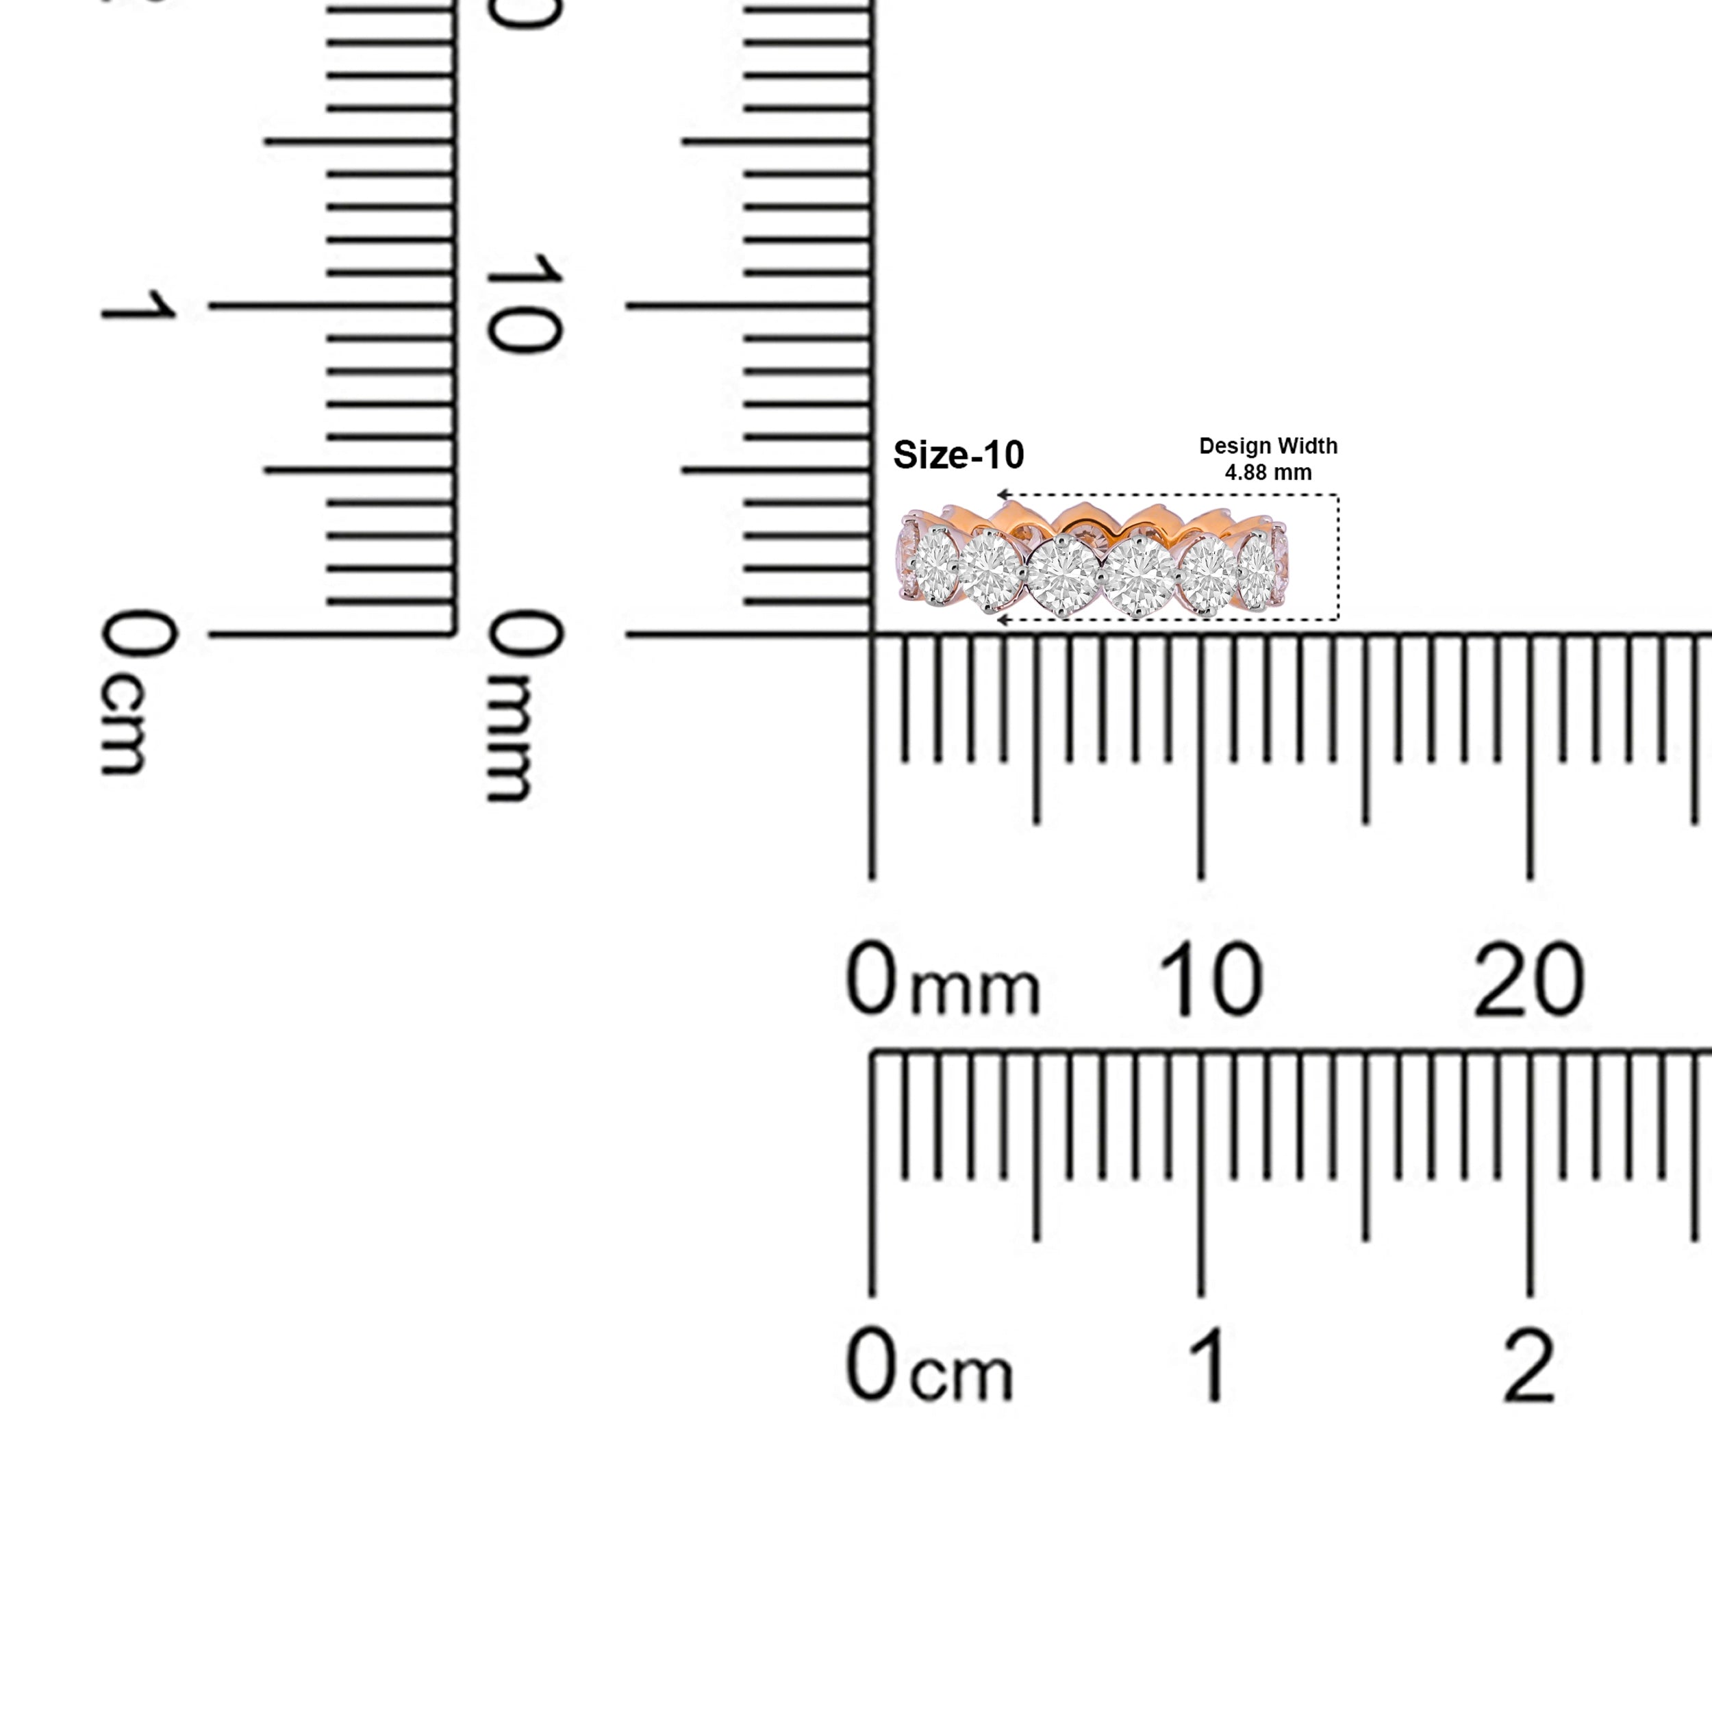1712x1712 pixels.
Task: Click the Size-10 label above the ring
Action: tap(958, 455)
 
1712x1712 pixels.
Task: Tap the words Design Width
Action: tap(1268, 446)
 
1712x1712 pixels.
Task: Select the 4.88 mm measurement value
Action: tap(1268, 473)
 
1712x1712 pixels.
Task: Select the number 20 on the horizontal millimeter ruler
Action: tap(1528, 979)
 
